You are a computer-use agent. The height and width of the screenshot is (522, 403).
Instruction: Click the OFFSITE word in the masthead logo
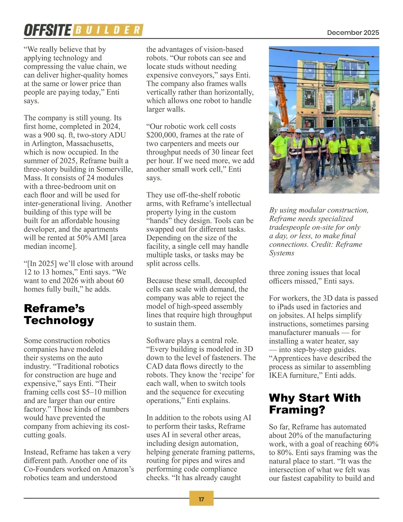[x=47, y=30]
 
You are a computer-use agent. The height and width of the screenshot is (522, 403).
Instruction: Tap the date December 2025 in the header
[x=353, y=33]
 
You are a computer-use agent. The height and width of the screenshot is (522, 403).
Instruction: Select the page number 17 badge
[x=201, y=499]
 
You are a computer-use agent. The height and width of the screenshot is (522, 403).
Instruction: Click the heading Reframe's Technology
[x=59, y=314]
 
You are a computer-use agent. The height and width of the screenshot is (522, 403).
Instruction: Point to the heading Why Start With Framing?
[x=315, y=404]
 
